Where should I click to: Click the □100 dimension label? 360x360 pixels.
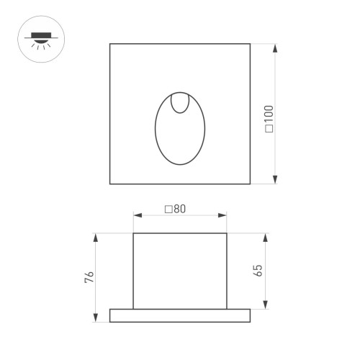269,119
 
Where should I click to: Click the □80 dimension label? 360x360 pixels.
175,210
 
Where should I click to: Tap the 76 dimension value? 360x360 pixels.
90,278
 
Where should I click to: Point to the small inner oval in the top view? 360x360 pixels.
180,102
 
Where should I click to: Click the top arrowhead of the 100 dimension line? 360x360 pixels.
275,47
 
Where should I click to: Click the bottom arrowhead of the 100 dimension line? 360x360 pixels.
275,181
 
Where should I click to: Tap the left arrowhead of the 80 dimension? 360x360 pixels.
137,215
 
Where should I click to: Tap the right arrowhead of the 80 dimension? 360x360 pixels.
224,215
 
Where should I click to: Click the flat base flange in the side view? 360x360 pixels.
180,315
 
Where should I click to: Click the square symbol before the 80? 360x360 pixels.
168,210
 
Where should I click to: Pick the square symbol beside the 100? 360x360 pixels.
269,130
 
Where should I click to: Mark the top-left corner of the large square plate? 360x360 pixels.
110,44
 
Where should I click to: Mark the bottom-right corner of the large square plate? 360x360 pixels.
250,184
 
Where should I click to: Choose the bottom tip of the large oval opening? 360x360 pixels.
180,164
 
